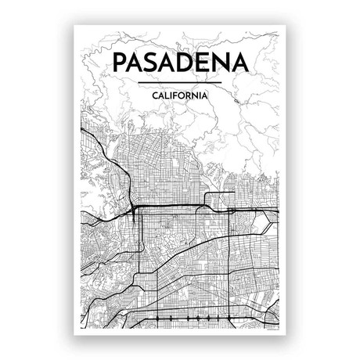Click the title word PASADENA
tap(179, 63)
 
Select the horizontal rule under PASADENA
tap(179, 81)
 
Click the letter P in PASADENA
tap(121, 63)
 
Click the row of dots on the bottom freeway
tap(188, 319)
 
